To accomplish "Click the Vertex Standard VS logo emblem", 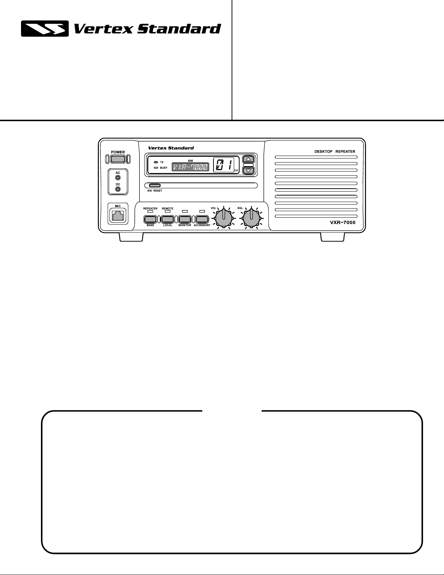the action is pos(45,29).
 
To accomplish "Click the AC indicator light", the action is pos(118,177).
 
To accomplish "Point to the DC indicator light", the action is pos(118,189).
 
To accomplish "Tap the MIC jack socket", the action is pos(118,215).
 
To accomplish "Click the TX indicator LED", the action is pos(156,162).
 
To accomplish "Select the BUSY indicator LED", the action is pos(156,168).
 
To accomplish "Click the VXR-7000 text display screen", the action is pos(190,167).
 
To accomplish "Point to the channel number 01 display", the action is pos(224,165).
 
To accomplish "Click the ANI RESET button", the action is pos(155,185).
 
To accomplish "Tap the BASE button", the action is pos(150,219).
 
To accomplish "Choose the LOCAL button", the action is pos(167,219).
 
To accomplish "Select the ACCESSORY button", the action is pos(202,219).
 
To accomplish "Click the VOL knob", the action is pos(224,218).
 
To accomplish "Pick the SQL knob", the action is pos(251,218).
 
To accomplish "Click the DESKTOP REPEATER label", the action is pos(335,152).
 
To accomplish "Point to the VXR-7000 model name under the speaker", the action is pos(343,222).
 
